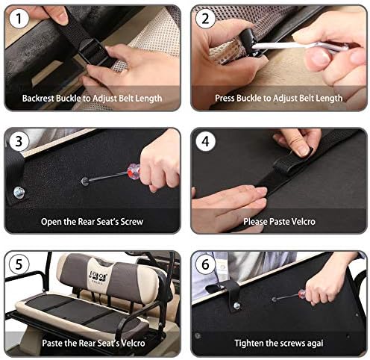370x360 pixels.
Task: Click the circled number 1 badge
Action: coord(19,19)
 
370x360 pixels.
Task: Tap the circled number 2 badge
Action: coord(205,19)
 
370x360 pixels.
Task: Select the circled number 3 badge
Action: coord(19,141)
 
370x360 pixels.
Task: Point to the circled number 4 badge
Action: coord(205,141)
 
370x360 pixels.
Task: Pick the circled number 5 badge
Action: coord(19,264)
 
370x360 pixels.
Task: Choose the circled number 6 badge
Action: coord(205,264)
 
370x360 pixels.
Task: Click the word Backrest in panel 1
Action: coord(38,98)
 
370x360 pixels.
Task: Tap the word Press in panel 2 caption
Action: coord(225,98)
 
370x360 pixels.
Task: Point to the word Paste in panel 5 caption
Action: coord(52,343)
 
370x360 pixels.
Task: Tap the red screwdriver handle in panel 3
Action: coord(134,171)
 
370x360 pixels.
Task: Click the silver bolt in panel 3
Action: coord(19,193)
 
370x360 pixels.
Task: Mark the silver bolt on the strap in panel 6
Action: coord(236,305)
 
